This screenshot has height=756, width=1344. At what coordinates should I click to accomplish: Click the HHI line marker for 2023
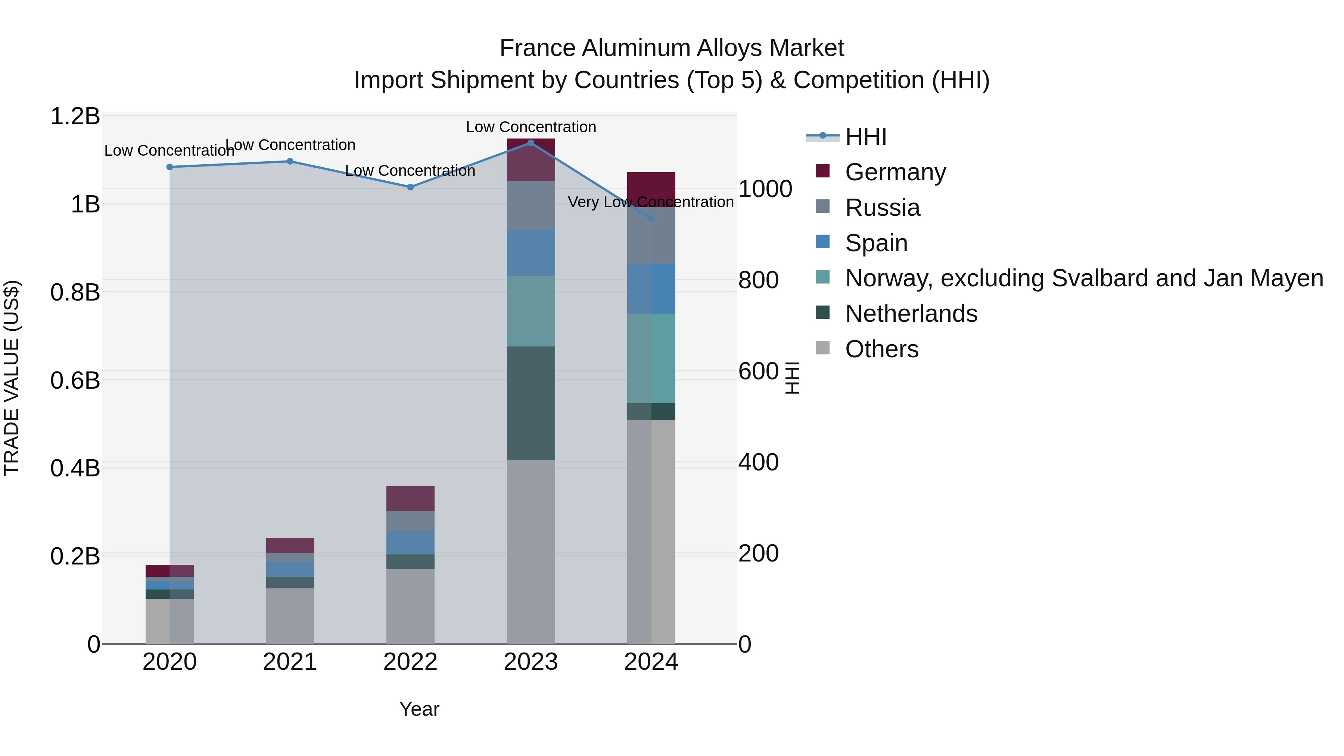point(531,143)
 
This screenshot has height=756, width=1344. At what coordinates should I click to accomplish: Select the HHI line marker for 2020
point(169,167)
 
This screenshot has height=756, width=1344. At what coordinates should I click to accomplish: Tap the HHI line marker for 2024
point(651,219)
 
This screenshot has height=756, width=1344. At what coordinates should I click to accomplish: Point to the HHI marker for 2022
point(410,187)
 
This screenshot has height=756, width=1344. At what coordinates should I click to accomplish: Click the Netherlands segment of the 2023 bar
point(531,403)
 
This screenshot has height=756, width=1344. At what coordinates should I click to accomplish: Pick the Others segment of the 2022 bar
point(410,606)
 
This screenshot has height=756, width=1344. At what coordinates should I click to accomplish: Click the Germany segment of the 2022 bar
point(410,498)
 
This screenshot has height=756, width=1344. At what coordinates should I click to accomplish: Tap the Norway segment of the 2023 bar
point(531,311)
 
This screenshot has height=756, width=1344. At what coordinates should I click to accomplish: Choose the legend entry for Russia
point(882,208)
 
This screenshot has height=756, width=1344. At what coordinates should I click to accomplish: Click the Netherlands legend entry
point(911,314)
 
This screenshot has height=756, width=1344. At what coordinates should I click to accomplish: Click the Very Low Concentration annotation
point(651,202)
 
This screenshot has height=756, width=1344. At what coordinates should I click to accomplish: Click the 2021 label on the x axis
point(290,662)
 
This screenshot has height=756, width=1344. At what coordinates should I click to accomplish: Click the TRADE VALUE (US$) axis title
point(12,378)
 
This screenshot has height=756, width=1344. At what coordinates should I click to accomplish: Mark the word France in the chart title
point(537,49)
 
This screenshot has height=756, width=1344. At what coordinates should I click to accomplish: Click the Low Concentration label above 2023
point(531,127)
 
